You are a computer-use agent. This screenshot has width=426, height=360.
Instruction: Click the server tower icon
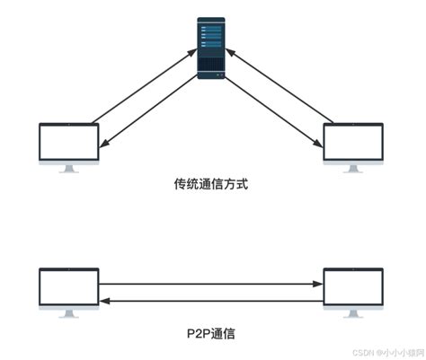coord(212,46)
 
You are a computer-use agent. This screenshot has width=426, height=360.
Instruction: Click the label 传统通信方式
coord(211,185)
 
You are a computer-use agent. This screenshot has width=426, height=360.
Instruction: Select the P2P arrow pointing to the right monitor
coord(211,285)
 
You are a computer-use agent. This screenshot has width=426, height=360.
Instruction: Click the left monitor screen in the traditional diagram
coord(67,142)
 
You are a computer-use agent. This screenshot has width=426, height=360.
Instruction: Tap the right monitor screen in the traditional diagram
coord(355,142)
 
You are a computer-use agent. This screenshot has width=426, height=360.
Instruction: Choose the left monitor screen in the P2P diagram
coord(67,286)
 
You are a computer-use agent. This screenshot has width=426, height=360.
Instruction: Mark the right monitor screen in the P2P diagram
coord(355,286)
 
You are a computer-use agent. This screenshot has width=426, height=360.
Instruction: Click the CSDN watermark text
coord(377,353)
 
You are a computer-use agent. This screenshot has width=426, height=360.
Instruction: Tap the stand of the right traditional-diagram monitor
coord(355,167)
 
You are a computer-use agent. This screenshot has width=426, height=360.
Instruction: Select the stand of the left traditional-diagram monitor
coord(67,167)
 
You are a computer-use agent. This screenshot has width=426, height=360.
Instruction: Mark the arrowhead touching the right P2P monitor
coord(319,285)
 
